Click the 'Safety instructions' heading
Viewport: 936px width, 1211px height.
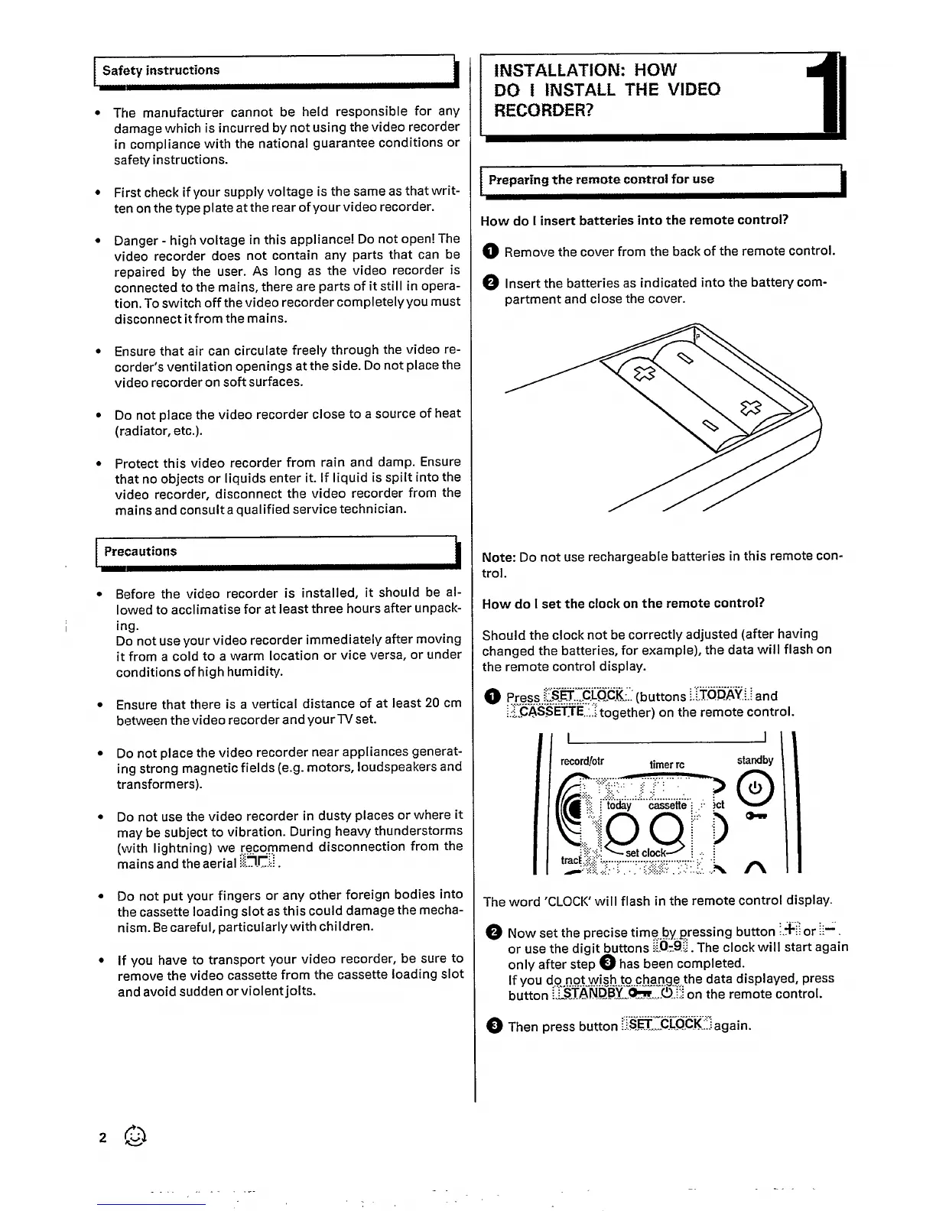161,70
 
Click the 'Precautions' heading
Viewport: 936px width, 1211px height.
140,551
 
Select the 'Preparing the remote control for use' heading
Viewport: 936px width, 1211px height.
601,180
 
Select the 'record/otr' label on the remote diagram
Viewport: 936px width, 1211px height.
582,761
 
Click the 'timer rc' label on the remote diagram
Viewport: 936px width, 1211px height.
667,765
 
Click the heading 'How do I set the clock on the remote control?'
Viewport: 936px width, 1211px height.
623,603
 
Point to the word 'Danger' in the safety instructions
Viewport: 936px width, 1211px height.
138,240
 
